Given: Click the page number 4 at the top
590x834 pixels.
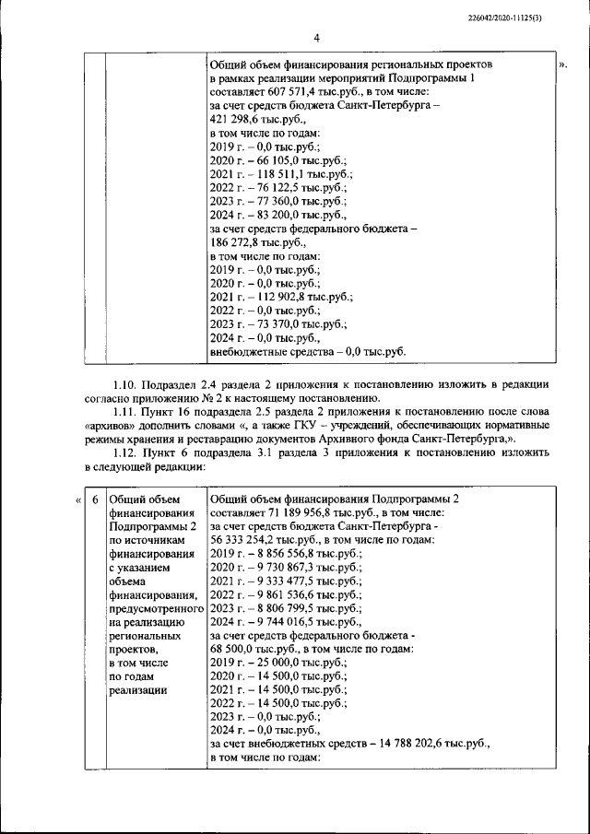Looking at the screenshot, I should point(315,38).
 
